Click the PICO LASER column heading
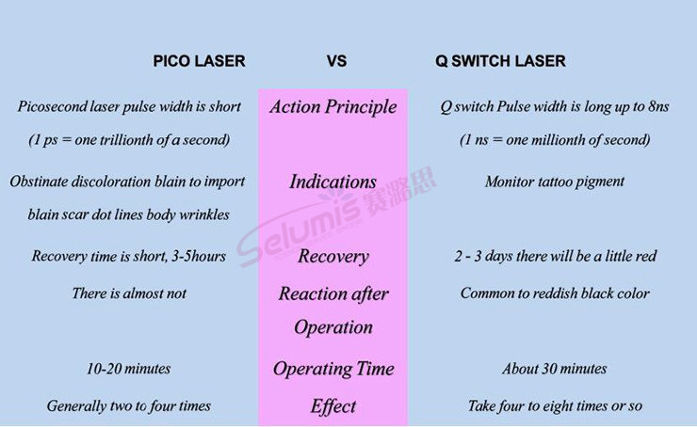coord(199,61)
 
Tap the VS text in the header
coord(336,61)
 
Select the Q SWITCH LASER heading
coord(500,61)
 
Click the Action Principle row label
coord(332,107)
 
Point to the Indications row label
coord(332,182)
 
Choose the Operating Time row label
coord(333,369)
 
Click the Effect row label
coord(333,406)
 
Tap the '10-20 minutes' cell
coord(128,369)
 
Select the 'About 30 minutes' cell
coord(555,369)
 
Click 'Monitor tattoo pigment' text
coord(555,182)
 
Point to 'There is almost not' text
coord(129,293)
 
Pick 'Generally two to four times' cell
coord(129,405)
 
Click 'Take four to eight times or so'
coord(555,405)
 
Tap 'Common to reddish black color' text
coord(555,293)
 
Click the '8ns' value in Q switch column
coord(658,106)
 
